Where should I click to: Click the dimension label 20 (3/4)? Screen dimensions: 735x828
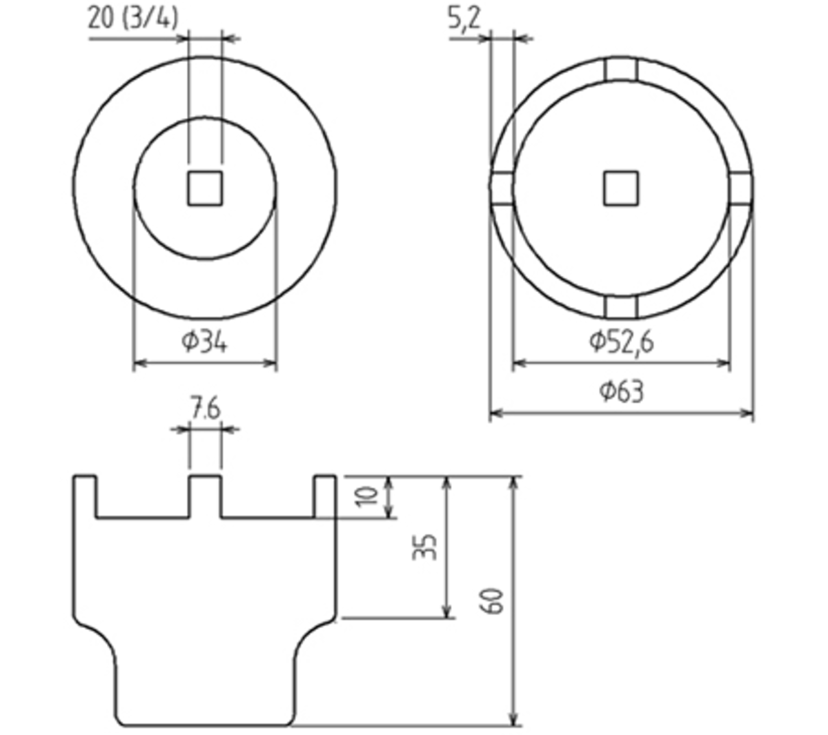pyautogui.click(x=132, y=18)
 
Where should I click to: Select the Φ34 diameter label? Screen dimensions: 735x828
pyautogui.click(x=204, y=341)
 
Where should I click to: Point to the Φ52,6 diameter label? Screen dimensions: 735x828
pyautogui.click(x=622, y=341)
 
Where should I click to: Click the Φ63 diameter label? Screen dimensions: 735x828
pyautogui.click(x=622, y=391)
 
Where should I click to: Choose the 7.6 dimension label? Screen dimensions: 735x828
pyautogui.click(x=205, y=409)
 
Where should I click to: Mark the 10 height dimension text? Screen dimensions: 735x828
pyautogui.click(x=369, y=495)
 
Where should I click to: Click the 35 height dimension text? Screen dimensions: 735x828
pyautogui.click(x=426, y=547)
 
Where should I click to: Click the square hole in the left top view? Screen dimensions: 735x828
pyautogui.click(x=205, y=188)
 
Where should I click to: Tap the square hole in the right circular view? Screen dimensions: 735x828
pyautogui.click(x=621, y=188)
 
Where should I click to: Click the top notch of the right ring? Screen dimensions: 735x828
pyautogui.click(x=621, y=70)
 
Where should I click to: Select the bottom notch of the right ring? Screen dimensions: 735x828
pyautogui.click(x=621, y=306)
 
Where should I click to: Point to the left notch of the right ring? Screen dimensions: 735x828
pyautogui.click(x=502, y=188)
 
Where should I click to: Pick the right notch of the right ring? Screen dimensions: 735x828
pyautogui.click(x=740, y=188)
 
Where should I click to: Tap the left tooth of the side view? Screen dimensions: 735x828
pyautogui.click(x=85, y=494)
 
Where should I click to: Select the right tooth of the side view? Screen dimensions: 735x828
pyautogui.click(x=325, y=494)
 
